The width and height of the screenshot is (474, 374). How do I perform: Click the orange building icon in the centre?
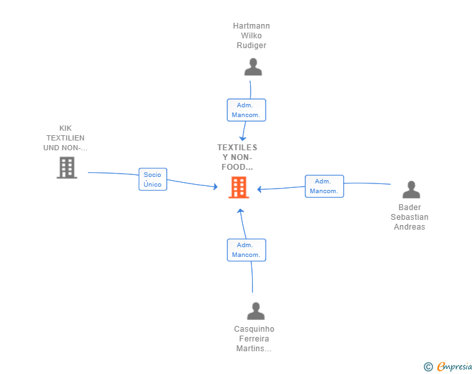(239, 187)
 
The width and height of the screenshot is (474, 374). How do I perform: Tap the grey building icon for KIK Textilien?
(67, 168)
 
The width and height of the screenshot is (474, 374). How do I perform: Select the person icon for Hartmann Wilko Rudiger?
(253, 67)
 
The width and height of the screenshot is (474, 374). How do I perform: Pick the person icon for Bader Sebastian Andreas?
(411, 189)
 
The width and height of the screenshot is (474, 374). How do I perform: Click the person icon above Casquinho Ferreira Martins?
(256, 311)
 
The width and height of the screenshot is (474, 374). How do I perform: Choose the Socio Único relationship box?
(152, 179)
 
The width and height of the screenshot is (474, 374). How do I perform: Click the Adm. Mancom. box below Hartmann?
(246, 110)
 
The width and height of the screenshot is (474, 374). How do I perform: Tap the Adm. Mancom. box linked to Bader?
(324, 186)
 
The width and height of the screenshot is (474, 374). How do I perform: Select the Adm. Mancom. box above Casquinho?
(246, 250)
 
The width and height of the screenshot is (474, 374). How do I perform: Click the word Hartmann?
(251, 26)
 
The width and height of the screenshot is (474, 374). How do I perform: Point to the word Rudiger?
(251, 46)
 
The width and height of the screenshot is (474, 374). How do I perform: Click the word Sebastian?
(410, 217)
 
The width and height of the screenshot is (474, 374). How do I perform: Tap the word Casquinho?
(254, 329)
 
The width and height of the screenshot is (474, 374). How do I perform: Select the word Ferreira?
(254, 339)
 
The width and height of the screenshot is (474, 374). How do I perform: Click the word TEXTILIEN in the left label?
(65, 138)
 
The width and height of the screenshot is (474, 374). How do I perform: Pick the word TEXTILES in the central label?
(237, 148)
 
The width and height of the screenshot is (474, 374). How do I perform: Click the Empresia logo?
(454, 366)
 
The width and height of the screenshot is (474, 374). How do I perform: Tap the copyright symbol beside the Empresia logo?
(428, 367)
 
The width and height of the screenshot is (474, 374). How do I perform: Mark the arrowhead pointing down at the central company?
(242, 139)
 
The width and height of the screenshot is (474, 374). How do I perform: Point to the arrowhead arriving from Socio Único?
(216, 187)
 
